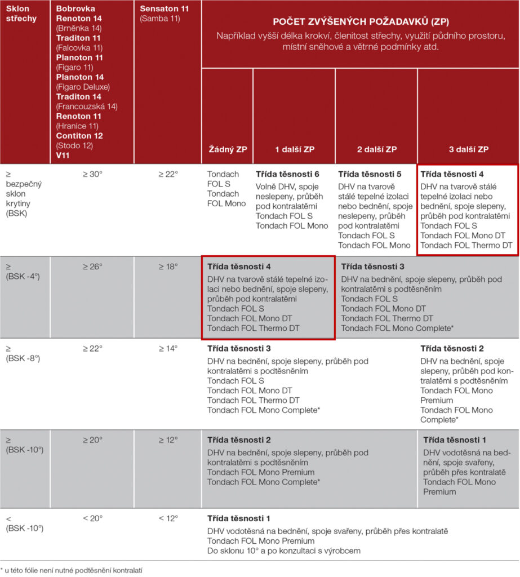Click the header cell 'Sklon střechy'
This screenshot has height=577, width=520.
(x=21, y=14)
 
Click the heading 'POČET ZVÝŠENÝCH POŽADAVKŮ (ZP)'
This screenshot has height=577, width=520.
(x=361, y=21)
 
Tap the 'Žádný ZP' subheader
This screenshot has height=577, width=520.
(x=227, y=149)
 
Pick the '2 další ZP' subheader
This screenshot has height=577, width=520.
(x=376, y=149)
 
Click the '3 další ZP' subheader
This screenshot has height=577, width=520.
(x=468, y=149)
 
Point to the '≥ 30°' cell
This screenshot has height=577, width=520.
(x=92, y=174)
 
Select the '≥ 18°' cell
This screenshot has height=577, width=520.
(x=168, y=265)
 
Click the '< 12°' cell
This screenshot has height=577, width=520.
(x=168, y=518)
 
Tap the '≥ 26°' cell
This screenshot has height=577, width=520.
(x=92, y=265)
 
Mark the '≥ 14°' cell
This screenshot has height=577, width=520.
(x=168, y=349)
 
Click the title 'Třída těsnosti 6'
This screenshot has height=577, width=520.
(x=287, y=174)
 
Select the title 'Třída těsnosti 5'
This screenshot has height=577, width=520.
(x=370, y=174)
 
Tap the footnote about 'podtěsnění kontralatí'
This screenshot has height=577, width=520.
(x=72, y=570)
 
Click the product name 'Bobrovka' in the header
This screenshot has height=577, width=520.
(x=75, y=9)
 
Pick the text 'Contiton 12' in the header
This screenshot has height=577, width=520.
(x=79, y=136)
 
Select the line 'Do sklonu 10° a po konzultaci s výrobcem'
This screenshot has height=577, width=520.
(x=283, y=551)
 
